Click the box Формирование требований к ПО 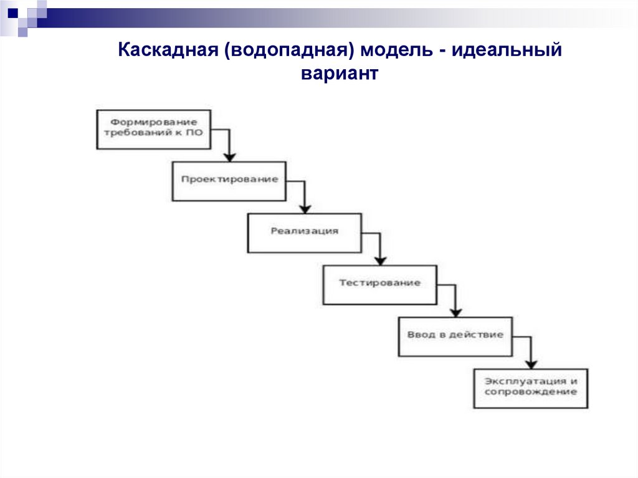pos(154,129)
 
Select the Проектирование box pos(229,181)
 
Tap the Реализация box pos(304,232)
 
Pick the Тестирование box pos(379,284)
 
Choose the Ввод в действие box pos(455,336)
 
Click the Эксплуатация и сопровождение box pos(530,388)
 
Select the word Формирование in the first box pos(154,122)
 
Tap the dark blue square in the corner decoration pos(12,12)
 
